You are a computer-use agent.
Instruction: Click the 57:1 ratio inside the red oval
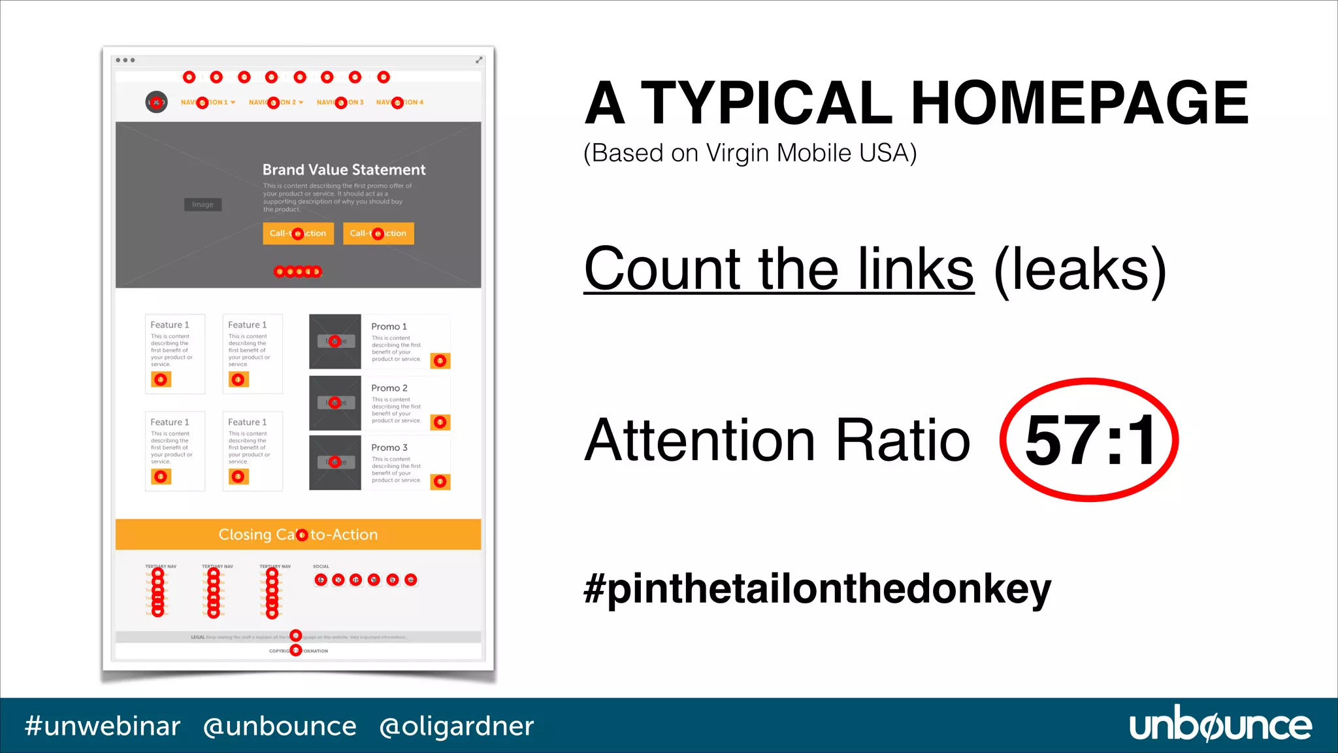pos(1090,441)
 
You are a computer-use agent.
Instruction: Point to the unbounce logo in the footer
pos(1220,726)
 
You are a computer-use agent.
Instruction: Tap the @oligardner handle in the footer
pos(456,726)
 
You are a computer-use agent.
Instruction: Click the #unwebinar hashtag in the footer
pos(103,726)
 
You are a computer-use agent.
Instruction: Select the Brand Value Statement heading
pos(344,170)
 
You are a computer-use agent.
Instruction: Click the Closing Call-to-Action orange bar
pos(298,535)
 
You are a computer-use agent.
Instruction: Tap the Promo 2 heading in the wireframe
pos(389,388)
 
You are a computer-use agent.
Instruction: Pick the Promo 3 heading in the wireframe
pos(389,448)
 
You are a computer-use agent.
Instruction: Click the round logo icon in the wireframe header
pos(156,102)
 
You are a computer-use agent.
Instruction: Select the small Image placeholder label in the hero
pos(203,205)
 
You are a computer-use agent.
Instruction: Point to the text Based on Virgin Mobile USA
pos(750,153)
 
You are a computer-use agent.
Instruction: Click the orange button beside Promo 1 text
pos(440,361)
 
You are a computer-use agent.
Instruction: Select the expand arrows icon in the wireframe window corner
pos(479,60)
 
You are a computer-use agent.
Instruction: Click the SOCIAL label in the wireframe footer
pos(321,567)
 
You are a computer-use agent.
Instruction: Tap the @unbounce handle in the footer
pos(280,726)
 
